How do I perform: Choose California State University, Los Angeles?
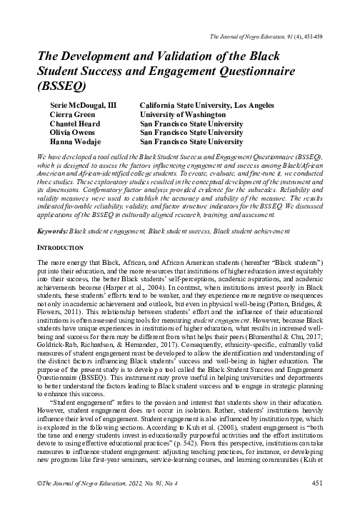206,104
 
